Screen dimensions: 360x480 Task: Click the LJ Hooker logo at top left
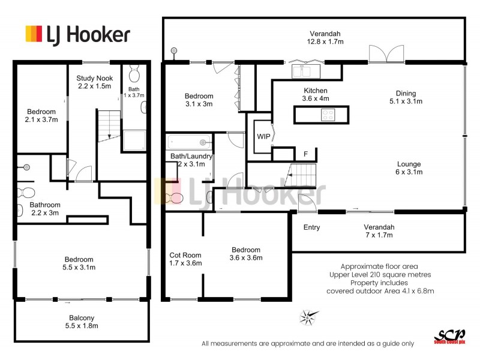tap(77, 34)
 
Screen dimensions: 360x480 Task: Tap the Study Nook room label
tap(94, 82)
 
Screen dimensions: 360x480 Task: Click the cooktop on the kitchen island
tap(328, 113)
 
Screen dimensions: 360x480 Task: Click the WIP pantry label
tap(263, 136)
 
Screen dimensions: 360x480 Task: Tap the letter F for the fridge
tap(305, 154)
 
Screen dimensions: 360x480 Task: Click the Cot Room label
tap(185, 259)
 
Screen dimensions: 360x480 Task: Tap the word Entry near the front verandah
tap(311, 227)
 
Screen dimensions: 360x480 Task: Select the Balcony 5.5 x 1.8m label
tap(81, 322)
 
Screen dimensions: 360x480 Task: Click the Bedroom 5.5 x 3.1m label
tap(81, 263)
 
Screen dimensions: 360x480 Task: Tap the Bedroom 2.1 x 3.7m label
tap(41, 116)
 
